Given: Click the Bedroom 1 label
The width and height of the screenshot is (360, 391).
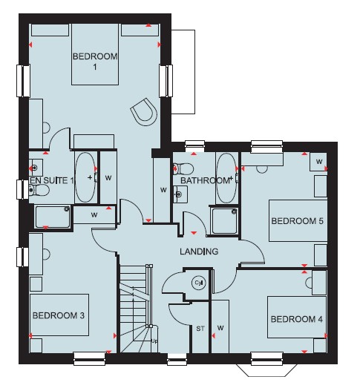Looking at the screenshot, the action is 95,62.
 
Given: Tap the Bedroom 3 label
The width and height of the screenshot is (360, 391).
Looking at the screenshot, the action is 59,315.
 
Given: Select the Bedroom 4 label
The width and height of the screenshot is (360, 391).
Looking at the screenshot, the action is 297,319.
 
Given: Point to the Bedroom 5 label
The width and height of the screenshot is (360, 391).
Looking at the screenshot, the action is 297,221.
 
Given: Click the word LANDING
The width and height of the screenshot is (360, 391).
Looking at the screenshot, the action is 199,252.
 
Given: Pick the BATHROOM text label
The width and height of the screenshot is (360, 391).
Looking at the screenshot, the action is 205,180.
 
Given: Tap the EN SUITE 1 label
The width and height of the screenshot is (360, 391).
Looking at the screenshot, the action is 52,180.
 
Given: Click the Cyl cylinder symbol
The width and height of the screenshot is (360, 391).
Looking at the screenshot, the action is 199,283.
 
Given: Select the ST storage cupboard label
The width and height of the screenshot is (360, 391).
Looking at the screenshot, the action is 200,329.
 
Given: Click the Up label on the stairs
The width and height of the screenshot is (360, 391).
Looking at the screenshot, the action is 154,341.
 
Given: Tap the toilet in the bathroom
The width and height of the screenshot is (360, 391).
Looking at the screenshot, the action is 183,169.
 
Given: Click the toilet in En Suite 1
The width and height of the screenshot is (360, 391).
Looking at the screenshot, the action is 39,190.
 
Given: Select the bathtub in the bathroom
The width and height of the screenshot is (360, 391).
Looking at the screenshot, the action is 226,178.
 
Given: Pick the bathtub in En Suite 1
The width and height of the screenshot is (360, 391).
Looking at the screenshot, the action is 85,177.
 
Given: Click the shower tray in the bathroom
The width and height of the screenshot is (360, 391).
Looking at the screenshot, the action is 223,221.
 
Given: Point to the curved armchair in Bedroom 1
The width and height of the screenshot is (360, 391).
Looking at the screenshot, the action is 144,112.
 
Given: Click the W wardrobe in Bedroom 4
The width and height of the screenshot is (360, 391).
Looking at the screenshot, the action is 220,326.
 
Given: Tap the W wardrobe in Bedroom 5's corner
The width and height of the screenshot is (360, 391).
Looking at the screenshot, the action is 318,162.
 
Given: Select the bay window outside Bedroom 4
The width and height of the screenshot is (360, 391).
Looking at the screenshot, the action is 266,370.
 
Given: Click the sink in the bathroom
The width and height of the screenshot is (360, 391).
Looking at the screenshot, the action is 180,194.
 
